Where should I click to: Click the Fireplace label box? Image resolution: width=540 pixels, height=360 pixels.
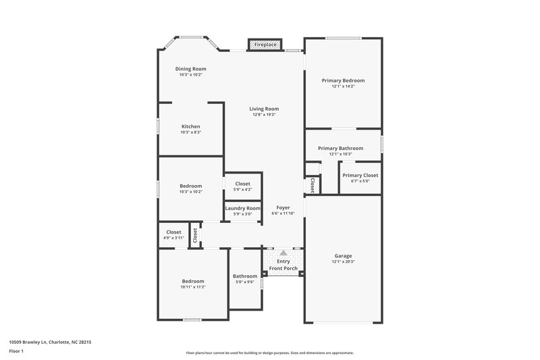264,45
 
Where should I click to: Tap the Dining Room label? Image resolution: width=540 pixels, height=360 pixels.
190,69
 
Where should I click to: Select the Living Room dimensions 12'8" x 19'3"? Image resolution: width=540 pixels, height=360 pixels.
264,115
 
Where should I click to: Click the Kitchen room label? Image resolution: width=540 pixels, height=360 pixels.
190,126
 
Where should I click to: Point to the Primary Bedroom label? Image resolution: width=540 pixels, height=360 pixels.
343,80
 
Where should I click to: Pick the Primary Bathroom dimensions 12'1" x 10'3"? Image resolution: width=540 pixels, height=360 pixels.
341,154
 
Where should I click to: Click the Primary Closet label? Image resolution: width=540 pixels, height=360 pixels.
360,175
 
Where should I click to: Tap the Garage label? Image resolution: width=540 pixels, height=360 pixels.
343,255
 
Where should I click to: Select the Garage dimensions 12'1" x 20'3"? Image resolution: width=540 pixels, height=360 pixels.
343,261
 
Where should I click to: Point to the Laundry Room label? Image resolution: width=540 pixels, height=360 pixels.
242,209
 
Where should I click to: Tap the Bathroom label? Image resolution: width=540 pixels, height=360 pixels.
245,276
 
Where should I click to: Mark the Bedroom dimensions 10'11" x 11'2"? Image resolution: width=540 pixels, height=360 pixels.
192,287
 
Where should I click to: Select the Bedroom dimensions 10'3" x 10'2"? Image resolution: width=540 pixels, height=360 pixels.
190,192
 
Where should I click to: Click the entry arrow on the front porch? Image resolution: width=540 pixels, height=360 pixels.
283,253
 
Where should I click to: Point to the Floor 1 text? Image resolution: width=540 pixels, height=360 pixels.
16,352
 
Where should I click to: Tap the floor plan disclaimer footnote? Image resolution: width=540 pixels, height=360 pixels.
269,353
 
